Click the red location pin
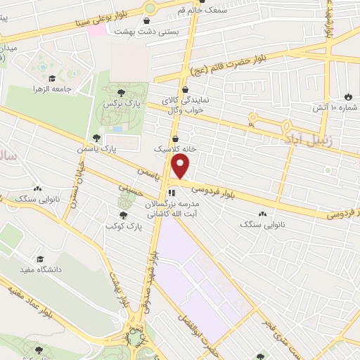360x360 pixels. (181, 167)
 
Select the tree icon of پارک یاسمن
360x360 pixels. (96, 139)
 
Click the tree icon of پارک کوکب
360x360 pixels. (123, 216)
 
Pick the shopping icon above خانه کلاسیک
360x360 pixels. (175, 139)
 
